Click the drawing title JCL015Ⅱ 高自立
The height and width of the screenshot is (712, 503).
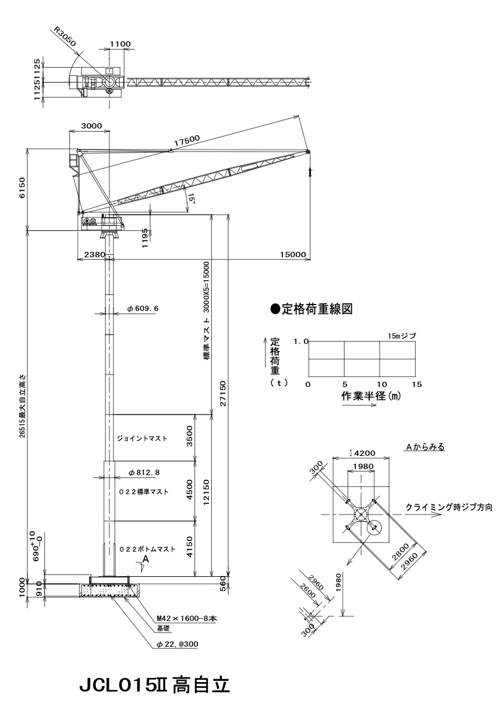tap(154, 684)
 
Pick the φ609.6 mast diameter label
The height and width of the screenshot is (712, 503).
tap(143, 309)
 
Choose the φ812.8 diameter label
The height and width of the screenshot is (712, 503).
tap(144, 473)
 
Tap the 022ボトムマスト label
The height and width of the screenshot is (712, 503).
tap(147, 549)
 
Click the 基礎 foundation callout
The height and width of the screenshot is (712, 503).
tap(163, 629)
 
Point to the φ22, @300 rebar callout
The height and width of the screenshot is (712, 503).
tap(176, 644)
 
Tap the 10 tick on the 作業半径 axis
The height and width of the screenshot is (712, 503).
tap(381, 384)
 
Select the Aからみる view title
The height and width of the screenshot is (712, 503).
tap(426, 446)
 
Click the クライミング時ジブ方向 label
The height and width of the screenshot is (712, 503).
tap(449, 507)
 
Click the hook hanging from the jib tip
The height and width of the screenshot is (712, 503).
tap(310, 172)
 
